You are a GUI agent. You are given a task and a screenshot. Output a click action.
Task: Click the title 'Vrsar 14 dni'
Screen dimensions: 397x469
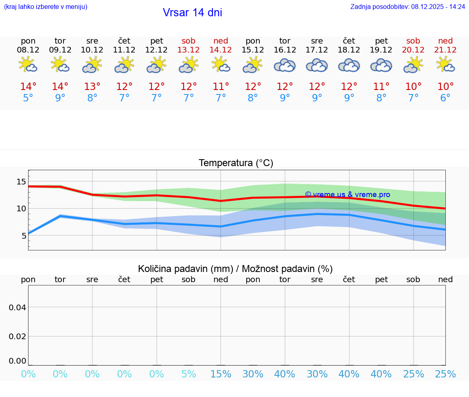tap(192, 13)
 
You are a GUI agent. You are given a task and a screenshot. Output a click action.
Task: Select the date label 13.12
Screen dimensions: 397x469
tap(188, 50)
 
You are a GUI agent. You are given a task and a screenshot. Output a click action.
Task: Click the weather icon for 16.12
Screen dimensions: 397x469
tap(285, 65)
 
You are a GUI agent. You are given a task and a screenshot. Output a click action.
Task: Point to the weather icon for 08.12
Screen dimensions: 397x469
tap(28, 64)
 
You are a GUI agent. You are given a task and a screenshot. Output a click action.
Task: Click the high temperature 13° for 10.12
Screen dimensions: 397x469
tap(92, 87)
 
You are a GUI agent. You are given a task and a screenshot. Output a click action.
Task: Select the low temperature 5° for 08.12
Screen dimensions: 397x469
tap(28, 98)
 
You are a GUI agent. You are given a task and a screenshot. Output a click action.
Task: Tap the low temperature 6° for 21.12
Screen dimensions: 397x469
tap(445, 98)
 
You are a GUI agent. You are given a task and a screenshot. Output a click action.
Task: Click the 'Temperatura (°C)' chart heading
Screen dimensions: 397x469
tap(236, 163)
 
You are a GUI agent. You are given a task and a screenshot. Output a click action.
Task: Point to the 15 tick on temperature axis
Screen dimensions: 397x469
tap(21, 182)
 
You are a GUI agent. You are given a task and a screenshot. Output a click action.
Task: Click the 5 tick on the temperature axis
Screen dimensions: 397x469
tap(24, 235)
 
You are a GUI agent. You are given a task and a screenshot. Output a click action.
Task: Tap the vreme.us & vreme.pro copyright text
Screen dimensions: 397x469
tap(347, 195)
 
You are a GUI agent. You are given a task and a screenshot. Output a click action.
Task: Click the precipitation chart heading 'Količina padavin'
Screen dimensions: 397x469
tap(235, 269)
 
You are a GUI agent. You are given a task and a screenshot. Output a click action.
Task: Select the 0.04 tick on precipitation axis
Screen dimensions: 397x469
tap(18, 307)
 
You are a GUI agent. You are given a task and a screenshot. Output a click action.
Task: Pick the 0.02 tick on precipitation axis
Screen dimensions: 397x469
tap(18, 336)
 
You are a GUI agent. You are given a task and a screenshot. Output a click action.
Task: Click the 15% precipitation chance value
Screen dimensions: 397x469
tap(221, 374)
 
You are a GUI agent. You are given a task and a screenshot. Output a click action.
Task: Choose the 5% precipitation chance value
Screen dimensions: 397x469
tap(188, 374)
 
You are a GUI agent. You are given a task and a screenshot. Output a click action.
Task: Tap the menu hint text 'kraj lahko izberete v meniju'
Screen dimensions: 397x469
tap(46, 7)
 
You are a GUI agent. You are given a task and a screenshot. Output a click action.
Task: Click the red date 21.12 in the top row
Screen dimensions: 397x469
tap(445, 50)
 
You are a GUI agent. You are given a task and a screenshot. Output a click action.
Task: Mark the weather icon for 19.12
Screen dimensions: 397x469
tap(381, 65)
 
